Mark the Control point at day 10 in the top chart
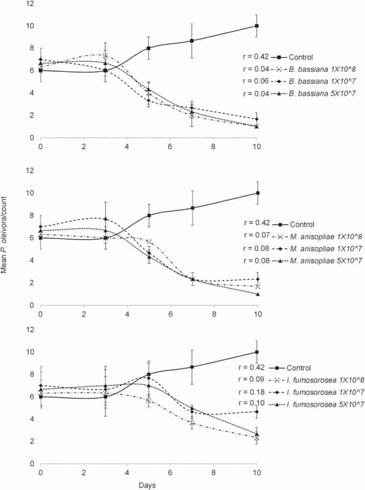tap(257, 26)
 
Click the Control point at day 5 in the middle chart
tap(149, 216)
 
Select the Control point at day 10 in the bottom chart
tap(257, 352)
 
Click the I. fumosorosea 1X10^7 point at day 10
tap(257, 412)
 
